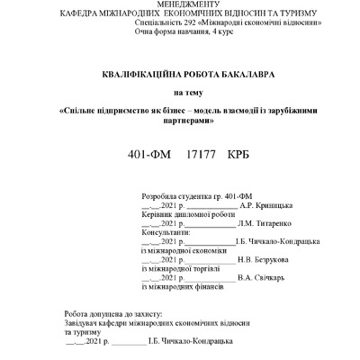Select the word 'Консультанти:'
(x=168, y=232)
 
